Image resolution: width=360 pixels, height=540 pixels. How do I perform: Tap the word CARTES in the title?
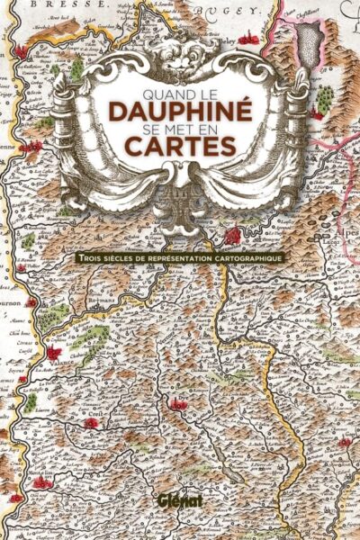click(x=180, y=146)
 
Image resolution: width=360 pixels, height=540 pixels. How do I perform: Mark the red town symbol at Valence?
click(x=54, y=352)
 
